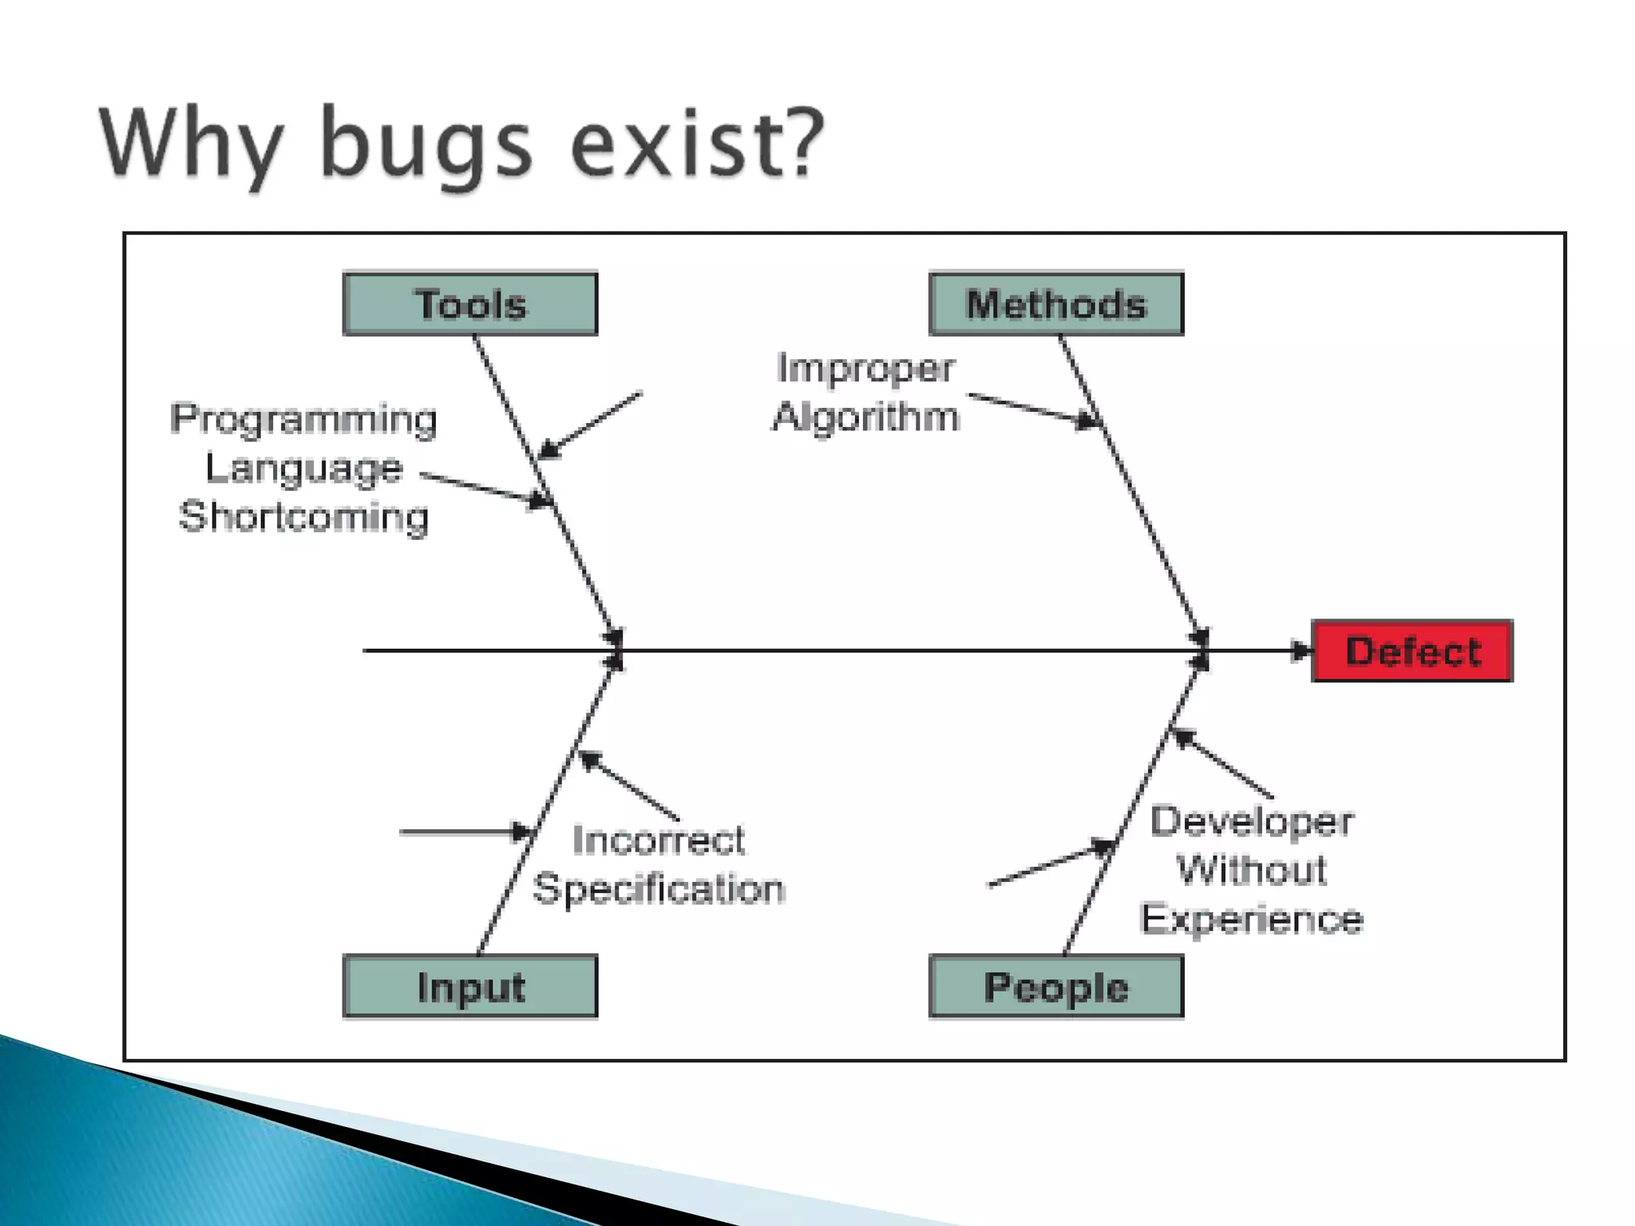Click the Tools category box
click(470, 304)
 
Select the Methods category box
click(1056, 304)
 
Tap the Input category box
click(470, 987)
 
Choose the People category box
click(1056, 987)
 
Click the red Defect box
click(1412, 651)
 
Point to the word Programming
click(304, 419)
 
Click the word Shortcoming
click(304, 516)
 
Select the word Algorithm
click(866, 417)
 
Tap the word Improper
click(866, 369)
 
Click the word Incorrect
click(659, 840)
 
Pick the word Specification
click(659, 888)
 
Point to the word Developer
click(1252, 821)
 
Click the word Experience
click(1252, 919)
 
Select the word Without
click(1252, 870)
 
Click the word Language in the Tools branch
click(304, 468)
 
